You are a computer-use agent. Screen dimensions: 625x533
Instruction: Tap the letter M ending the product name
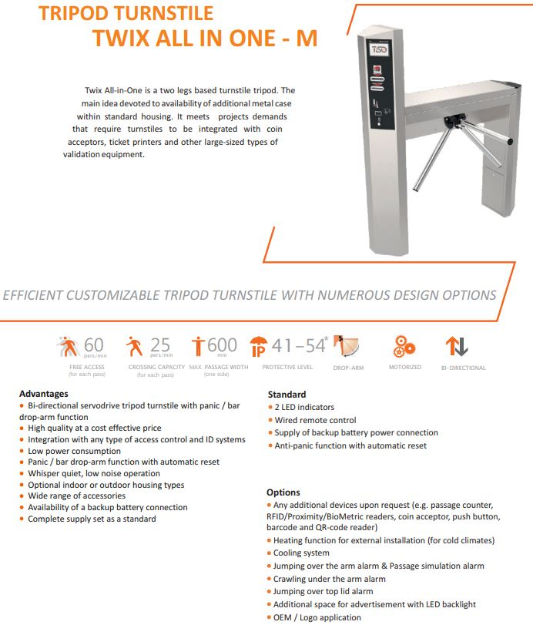click(306, 39)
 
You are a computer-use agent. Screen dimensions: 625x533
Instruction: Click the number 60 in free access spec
click(93, 345)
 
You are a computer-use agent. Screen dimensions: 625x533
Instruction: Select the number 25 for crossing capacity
click(159, 345)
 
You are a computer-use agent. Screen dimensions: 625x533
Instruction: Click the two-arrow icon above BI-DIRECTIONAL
click(457, 346)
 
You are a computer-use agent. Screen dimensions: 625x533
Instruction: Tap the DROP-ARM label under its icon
click(349, 368)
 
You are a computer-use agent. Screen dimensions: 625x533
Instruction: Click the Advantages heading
click(44, 394)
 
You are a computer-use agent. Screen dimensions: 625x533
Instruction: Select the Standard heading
click(287, 395)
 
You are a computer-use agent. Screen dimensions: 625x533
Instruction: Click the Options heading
click(283, 492)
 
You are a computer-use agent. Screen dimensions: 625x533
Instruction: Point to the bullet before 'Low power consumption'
click(22, 451)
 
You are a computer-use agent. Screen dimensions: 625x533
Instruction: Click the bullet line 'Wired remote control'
click(315, 420)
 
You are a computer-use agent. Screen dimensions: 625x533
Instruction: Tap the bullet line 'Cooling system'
click(301, 553)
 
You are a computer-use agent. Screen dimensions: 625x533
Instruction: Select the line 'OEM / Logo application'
click(317, 617)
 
